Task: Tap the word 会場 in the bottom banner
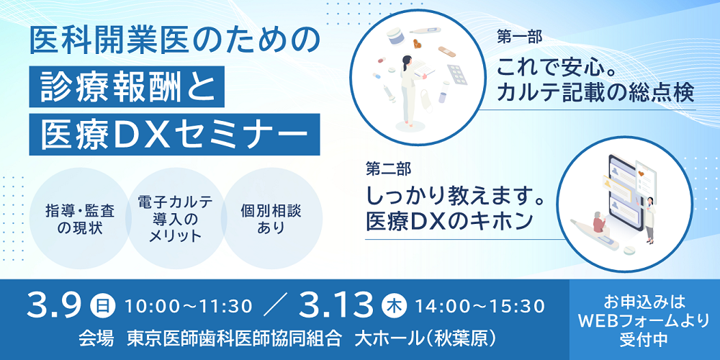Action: point(96,339)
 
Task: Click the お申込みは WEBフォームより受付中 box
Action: point(644,320)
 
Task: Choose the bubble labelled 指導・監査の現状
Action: point(81,219)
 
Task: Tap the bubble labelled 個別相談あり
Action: point(271,219)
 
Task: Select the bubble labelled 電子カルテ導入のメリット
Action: point(175,219)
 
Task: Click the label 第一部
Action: point(519,38)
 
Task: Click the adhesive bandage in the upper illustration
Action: point(446,50)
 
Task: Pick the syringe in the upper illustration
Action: point(389,92)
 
